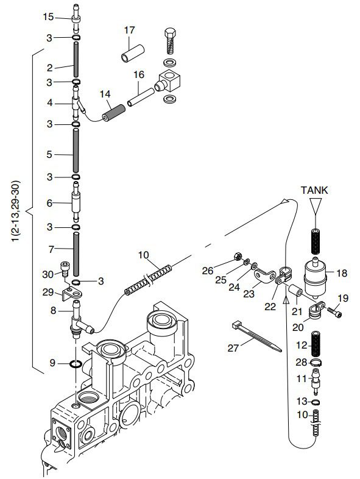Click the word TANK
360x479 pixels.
(314, 190)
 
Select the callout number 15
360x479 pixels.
(48, 17)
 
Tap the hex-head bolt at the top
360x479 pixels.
(170, 41)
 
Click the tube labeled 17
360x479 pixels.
(133, 54)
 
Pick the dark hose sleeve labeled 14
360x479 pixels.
(114, 113)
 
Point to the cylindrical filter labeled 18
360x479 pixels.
(316, 279)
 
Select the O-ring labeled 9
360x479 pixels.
(76, 364)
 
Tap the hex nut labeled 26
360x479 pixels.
(237, 257)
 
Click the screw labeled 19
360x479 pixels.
(334, 313)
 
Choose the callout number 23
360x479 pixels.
(249, 294)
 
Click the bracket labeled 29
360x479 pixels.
(72, 294)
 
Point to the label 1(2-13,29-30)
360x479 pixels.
(16, 211)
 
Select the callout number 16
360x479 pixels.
(139, 74)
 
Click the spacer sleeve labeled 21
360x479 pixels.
(295, 290)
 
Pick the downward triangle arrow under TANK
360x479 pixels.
(316, 204)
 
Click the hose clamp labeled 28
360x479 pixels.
(316, 363)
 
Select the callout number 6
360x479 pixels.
(49, 203)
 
